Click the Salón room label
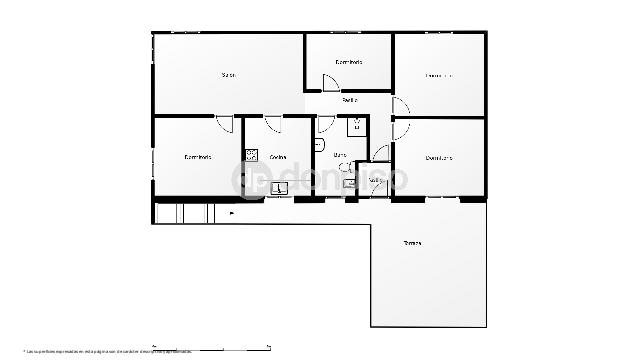(229, 75)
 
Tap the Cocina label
(278, 157)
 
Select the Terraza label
(412, 243)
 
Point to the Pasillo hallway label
(350, 100)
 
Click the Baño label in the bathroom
(340, 156)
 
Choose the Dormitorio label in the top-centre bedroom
(349, 62)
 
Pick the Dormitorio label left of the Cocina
(198, 157)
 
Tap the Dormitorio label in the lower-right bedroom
(439, 157)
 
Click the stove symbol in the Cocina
(252, 155)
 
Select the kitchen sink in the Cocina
(279, 187)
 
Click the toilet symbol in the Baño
(320, 145)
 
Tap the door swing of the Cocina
(273, 124)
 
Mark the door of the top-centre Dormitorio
(331, 85)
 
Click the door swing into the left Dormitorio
(225, 124)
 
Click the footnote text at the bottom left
(100, 351)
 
